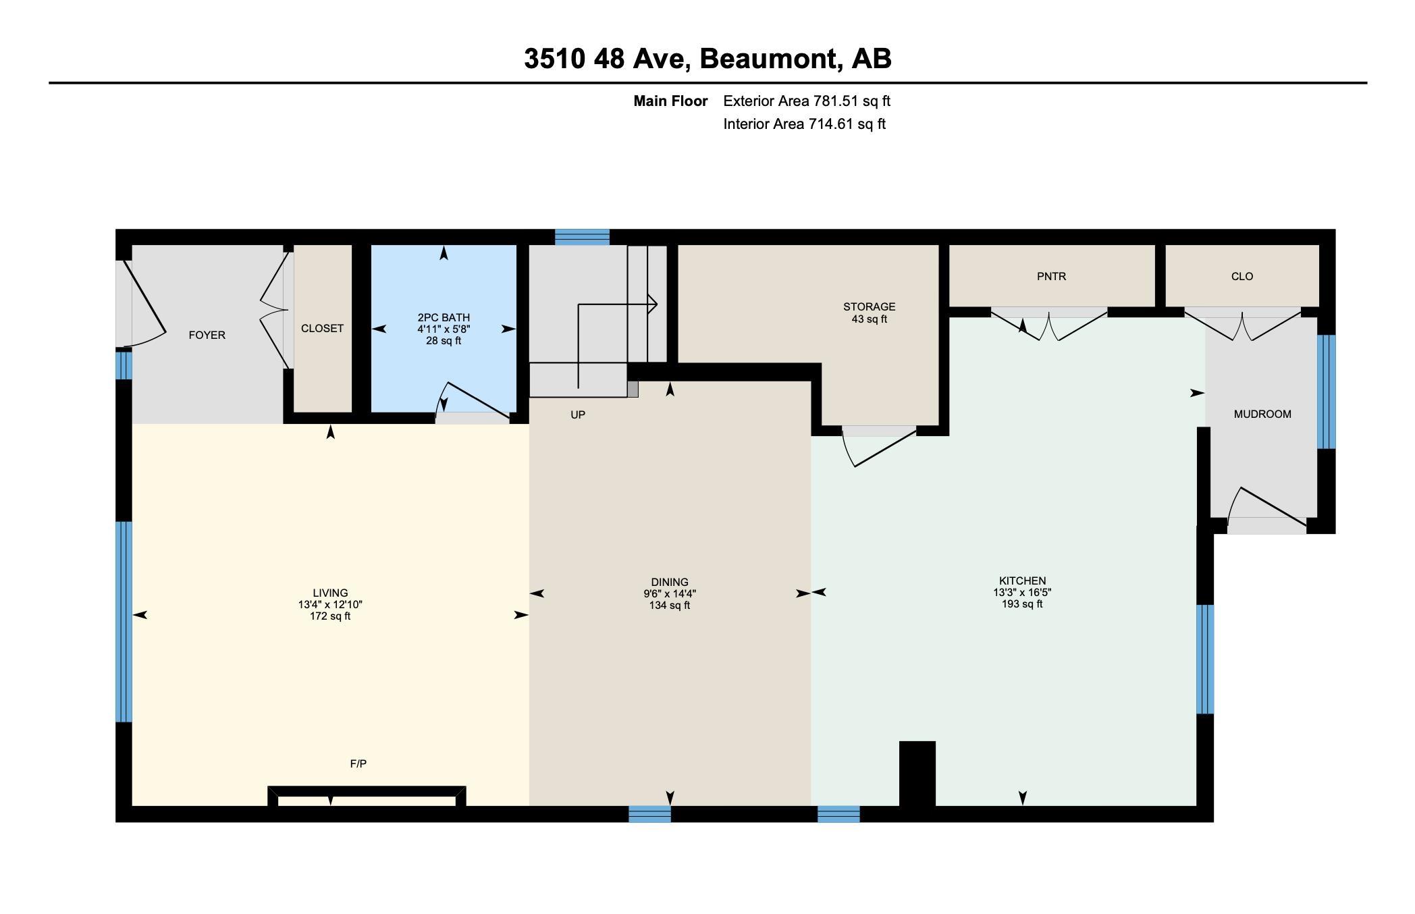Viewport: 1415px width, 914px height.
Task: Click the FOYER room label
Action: pyautogui.click(x=207, y=335)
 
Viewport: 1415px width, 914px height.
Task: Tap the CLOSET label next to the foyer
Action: pyautogui.click(x=322, y=329)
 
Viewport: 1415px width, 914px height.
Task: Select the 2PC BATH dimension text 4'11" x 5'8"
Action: pyautogui.click(x=444, y=329)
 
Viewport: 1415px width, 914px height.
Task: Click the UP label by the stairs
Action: pyautogui.click(x=578, y=415)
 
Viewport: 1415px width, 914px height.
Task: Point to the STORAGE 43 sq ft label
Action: pyautogui.click(x=869, y=313)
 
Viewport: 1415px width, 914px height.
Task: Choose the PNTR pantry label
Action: pyautogui.click(x=1051, y=277)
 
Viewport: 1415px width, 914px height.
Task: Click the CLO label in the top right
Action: pyautogui.click(x=1242, y=277)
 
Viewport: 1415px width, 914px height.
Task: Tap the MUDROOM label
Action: pyautogui.click(x=1262, y=414)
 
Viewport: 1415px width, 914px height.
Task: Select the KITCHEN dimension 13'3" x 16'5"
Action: pyautogui.click(x=1022, y=593)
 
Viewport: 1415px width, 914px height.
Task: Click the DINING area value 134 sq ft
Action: pyautogui.click(x=669, y=606)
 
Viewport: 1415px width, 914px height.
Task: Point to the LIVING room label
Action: pyautogui.click(x=330, y=593)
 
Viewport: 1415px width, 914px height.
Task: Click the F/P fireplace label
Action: pyautogui.click(x=358, y=764)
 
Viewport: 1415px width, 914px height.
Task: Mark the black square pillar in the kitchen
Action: pyautogui.click(x=917, y=773)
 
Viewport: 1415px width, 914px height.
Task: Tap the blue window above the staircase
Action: pyautogui.click(x=582, y=237)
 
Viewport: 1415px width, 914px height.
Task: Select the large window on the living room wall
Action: pyautogui.click(x=124, y=621)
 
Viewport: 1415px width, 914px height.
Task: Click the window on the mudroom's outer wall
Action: pyautogui.click(x=1326, y=392)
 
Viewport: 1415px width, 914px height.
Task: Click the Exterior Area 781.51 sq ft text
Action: pyautogui.click(x=807, y=101)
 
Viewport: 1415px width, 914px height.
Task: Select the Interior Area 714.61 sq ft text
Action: pyautogui.click(x=804, y=124)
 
